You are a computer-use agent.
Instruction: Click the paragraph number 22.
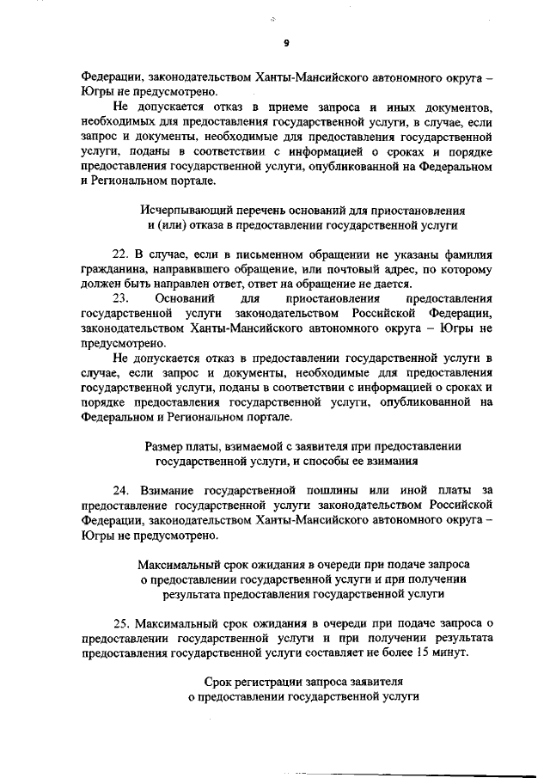coord(120,256)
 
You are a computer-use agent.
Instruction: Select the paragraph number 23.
coord(120,297)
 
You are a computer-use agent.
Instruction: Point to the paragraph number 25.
coord(120,623)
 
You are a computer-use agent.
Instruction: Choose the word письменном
coord(243,256)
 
